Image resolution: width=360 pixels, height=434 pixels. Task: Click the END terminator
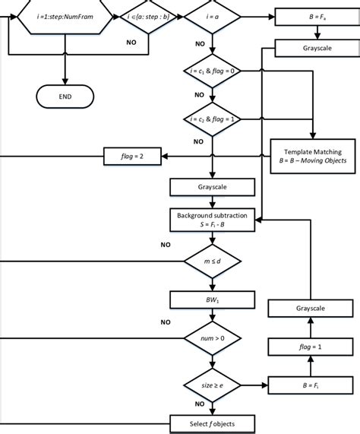click(66, 97)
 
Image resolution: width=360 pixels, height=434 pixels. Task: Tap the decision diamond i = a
click(213, 15)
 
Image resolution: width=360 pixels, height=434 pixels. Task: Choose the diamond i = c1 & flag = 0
click(213, 71)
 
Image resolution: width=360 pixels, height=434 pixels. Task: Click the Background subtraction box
click(213, 220)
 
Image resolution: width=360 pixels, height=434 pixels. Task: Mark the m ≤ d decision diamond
click(213, 263)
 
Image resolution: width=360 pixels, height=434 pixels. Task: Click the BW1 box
click(213, 300)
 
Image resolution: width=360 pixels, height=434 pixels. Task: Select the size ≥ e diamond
click(213, 385)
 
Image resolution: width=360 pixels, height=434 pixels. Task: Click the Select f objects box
click(213, 423)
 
